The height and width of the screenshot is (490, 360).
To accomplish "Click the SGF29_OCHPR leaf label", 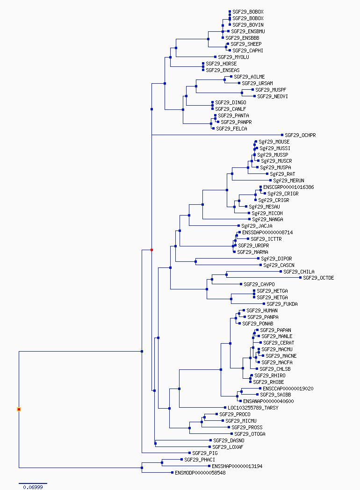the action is point(300,135).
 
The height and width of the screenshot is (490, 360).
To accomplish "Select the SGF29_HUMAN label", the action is point(262,310).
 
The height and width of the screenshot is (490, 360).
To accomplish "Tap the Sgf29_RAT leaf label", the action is point(282,174).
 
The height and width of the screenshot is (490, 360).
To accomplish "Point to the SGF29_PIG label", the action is point(205,453).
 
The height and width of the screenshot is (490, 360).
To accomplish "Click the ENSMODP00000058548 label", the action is point(200,473).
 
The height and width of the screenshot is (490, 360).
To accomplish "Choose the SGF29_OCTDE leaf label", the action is point(318,278).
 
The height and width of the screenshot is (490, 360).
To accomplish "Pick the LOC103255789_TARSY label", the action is point(253,408).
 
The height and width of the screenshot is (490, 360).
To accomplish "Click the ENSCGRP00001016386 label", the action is point(288,187).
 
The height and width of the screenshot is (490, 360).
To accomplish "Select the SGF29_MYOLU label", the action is point(233,57).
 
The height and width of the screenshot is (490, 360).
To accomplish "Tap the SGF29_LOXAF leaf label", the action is point(228,447).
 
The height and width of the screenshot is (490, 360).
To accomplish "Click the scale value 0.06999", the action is point(33,487).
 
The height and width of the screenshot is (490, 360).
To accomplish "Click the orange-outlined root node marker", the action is point(19,410).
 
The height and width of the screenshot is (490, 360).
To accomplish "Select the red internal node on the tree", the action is point(152,250).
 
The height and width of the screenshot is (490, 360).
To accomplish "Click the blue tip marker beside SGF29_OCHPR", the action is point(282,135).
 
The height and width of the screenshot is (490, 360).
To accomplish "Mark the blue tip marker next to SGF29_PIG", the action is point(190,453).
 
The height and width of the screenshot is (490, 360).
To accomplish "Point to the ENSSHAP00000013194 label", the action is point(237,466).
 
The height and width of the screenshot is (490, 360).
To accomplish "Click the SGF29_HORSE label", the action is point(221,64).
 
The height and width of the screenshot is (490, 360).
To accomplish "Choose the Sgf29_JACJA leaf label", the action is point(257,226).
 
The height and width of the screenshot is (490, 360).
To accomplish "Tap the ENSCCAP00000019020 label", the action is point(288,389).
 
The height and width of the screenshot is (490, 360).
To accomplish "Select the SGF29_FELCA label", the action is point(231,129).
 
